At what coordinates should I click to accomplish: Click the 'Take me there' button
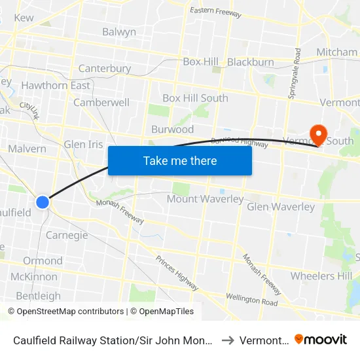[x=180, y=160]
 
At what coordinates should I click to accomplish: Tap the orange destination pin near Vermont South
[x=318, y=134]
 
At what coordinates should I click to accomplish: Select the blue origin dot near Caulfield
[x=43, y=202]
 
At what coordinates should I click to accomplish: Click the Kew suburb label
[x=24, y=18]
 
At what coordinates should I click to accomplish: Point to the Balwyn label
[x=119, y=32]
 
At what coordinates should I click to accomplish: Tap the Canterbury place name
[x=105, y=68]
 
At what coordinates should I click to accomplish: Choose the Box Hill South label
[x=195, y=98]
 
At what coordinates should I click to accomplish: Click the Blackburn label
[x=251, y=62]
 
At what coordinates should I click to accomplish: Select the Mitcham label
[x=337, y=52]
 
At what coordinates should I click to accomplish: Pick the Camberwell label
[x=101, y=103]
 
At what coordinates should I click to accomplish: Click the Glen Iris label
[x=84, y=144]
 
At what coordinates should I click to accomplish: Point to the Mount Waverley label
[x=206, y=199]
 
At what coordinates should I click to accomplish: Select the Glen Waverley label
[x=281, y=207]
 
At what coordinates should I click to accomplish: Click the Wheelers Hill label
[x=321, y=276]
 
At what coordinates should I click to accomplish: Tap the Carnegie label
[x=67, y=236]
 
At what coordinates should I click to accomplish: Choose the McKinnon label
[x=34, y=276]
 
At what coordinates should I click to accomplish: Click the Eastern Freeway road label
[x=215, y=13]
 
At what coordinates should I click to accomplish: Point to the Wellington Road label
[x=252, y=300]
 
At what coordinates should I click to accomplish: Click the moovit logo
[x=321, y=340]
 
